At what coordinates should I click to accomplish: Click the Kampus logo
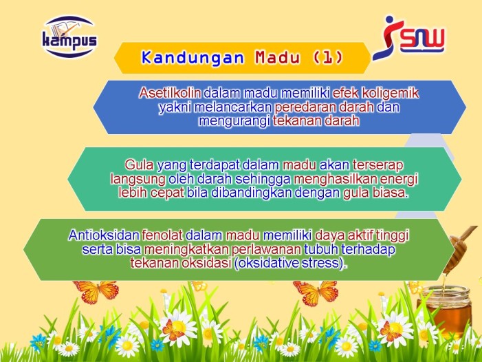point(69,36)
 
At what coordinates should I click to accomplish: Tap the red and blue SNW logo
point(408,38)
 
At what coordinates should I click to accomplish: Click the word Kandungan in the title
point(193,58)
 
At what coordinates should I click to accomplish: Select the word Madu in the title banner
point(277,58)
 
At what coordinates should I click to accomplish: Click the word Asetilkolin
point(170,93)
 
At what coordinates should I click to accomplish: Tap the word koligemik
point(390,93)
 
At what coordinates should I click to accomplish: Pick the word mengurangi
point(234,121)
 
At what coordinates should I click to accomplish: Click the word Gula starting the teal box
point(140,165)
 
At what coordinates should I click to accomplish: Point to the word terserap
point(377,165)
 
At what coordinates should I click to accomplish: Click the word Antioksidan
point(104,235)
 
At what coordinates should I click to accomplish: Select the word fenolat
point(162,235)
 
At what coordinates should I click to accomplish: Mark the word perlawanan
point(267,249)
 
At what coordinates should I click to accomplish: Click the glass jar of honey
point(444,310)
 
